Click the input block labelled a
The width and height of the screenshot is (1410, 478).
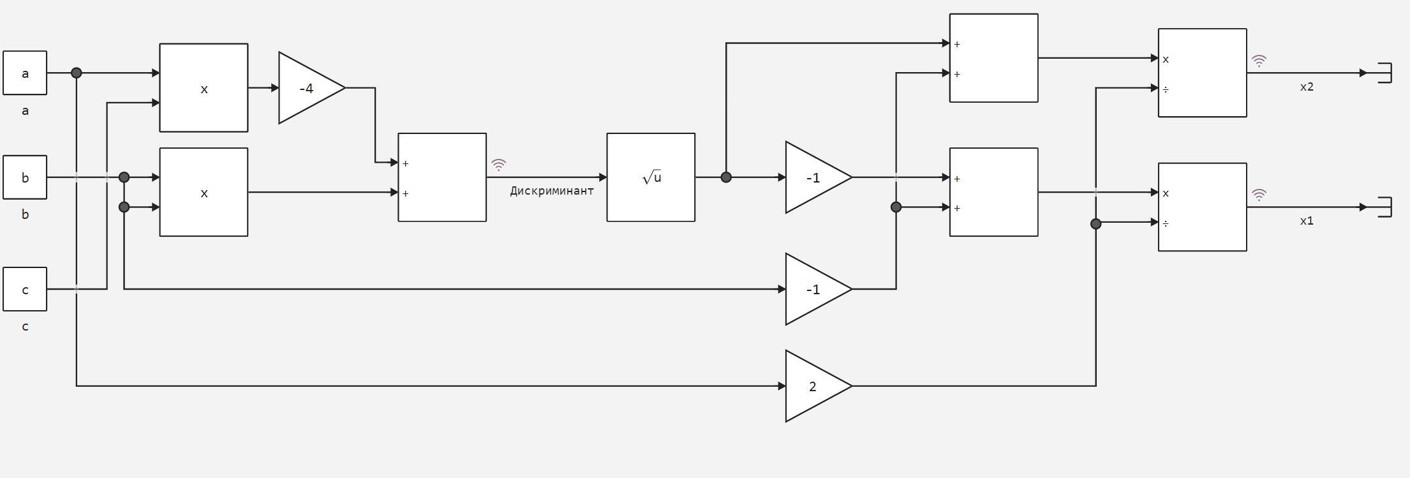click(x=25, y=73)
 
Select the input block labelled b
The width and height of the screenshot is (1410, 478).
click(x=25, y=177)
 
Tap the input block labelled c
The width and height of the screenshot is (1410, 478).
click(x=25, y=289)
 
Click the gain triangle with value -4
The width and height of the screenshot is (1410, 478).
click(x=308, y=88)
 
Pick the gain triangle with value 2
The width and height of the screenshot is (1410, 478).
click(x=814, y=386)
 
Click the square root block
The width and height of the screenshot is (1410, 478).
click(x=651, y=177)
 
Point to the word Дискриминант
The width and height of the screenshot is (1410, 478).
click(x=552, y=191)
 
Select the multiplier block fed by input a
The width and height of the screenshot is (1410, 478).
click(x=204, y=88)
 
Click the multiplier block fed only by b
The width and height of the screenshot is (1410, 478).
click(x=204, y=192)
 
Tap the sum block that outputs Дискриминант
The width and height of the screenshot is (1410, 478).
click(x=442, y=177)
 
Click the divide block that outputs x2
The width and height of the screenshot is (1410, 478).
click(x=1203, y=73)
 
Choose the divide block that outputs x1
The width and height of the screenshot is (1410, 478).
click(x=1203, y=207)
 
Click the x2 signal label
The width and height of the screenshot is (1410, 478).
click(x=1307, y=87)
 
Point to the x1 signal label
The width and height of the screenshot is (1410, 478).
click(x=1307, y=221)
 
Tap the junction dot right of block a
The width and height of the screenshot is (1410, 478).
click(x=77, y=73)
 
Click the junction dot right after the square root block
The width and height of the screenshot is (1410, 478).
click(x=726, y=177)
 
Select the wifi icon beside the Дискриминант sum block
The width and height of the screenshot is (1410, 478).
click(x=498, y=165)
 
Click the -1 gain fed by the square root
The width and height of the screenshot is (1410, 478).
click(x=814, y=177)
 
